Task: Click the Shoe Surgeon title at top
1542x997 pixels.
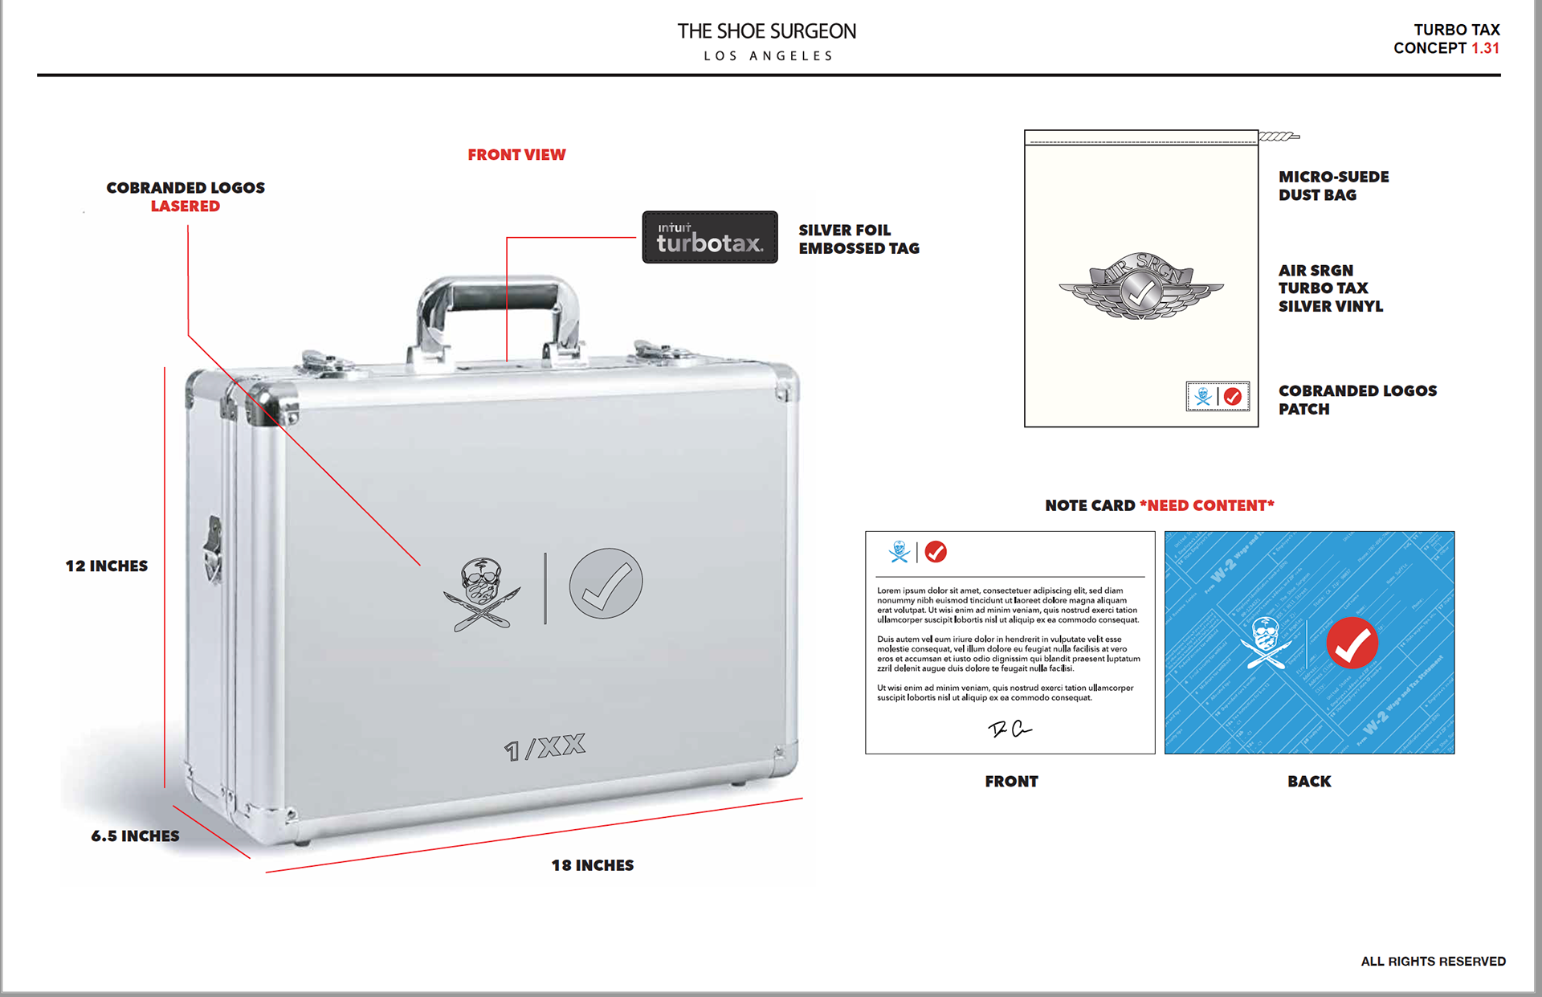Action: tap(766, 31)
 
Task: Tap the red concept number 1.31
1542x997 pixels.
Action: tap(1485, 48)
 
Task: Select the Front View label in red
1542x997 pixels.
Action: tap(516, 154)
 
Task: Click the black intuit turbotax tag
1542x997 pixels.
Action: tap(709, 237)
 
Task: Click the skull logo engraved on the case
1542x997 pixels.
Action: tap(482, 594)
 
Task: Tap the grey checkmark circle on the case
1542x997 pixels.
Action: tap(606, 583)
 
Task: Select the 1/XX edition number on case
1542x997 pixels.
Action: tap(545, 747)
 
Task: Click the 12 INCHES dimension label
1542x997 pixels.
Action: tap(107, 566)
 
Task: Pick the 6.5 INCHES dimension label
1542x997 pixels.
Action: tap(135, 836)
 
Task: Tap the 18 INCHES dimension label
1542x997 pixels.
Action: tap(592, 865)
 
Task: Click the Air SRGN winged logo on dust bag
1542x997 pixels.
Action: tap(1140, 287)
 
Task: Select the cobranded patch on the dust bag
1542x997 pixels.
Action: tap(1218, 396)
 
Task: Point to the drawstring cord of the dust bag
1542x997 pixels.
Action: tap(1279, 137)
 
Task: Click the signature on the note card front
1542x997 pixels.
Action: tap(1010, 729)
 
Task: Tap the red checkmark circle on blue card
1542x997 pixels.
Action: tap(1352, 643)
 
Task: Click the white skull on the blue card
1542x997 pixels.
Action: tap(1266, 643)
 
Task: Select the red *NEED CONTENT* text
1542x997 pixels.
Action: tap(1206, 505)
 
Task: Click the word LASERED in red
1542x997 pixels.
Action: tap(185, 206)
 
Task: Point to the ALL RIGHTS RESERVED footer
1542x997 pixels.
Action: tap(1433, 961)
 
